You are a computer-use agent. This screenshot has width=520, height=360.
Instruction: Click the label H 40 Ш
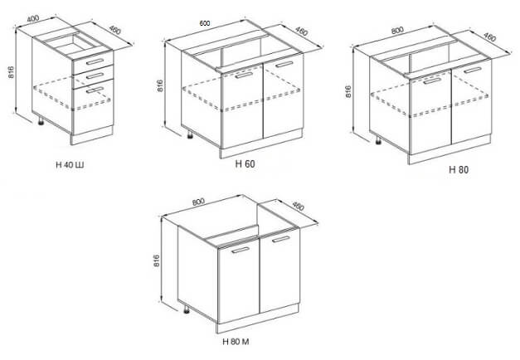pyautogui.click(x=70, y=164)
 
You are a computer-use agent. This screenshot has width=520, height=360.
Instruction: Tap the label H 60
pyautogui.click(x=245, y=164)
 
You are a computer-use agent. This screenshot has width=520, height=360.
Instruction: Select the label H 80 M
pyautogui.click(x=236, y=342)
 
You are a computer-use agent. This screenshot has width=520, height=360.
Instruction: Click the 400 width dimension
pyautogui.click(x=33, y=18)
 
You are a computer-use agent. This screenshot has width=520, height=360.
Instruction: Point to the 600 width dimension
pyautogui.click(x=205, y=23)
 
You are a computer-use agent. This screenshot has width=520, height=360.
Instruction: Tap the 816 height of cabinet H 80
pyautogui.click(x=348, y=91)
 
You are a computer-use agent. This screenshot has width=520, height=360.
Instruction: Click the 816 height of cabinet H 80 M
pyautogui.click(x=157, y=261)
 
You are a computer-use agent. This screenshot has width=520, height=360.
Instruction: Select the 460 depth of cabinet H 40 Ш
pyautogui.click(x=114, y=30)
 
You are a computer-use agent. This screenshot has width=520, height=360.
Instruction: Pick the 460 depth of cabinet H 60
pyautogui.click(x=301, y=32)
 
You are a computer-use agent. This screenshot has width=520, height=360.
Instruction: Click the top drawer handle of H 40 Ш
pyautogui.click(x=95, y=61)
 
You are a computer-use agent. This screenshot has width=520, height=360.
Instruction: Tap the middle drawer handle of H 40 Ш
pyautogui.click(x=95, y=75)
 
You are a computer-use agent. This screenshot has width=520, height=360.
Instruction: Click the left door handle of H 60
pyautogui.click(x=244, y=75)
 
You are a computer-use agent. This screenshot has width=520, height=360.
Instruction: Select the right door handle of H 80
pyautogui.click(x=473, y=70)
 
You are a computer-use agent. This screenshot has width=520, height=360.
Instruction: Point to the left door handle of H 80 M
pyautogui.click(x=241, y=250)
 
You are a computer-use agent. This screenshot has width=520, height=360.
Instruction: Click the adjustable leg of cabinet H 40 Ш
pyautogui.click(x=41, y=121)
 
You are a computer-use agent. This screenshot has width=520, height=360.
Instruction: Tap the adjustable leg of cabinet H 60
pyautogui.click(x=191, y=134)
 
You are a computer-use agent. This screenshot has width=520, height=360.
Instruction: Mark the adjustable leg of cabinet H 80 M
pyautogui.click(x=187, y=309)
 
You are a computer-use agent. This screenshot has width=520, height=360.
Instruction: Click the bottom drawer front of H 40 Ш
pyautogui.click(x=93, y=107)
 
